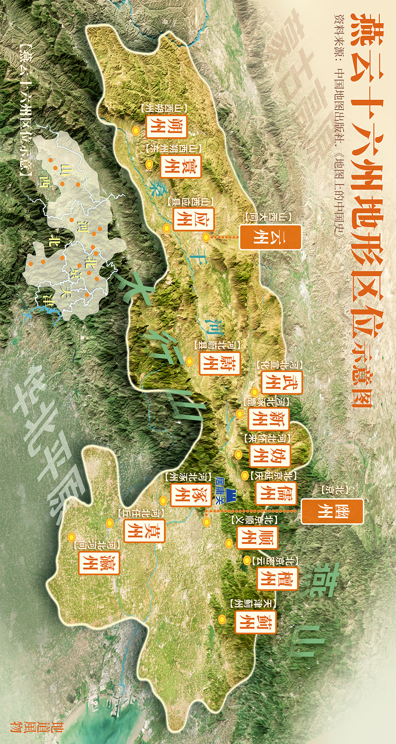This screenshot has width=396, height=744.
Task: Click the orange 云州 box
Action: [271, 237]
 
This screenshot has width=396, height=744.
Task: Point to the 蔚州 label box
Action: [219, 363]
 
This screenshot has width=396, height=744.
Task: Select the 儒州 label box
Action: [276, 493]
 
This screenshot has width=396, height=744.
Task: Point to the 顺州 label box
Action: [257, 538]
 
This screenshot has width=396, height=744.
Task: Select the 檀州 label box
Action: [277, 578]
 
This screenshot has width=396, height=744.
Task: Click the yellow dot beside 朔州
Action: [136, 130]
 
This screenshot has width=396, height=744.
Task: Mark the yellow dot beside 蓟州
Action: [222, 619]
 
